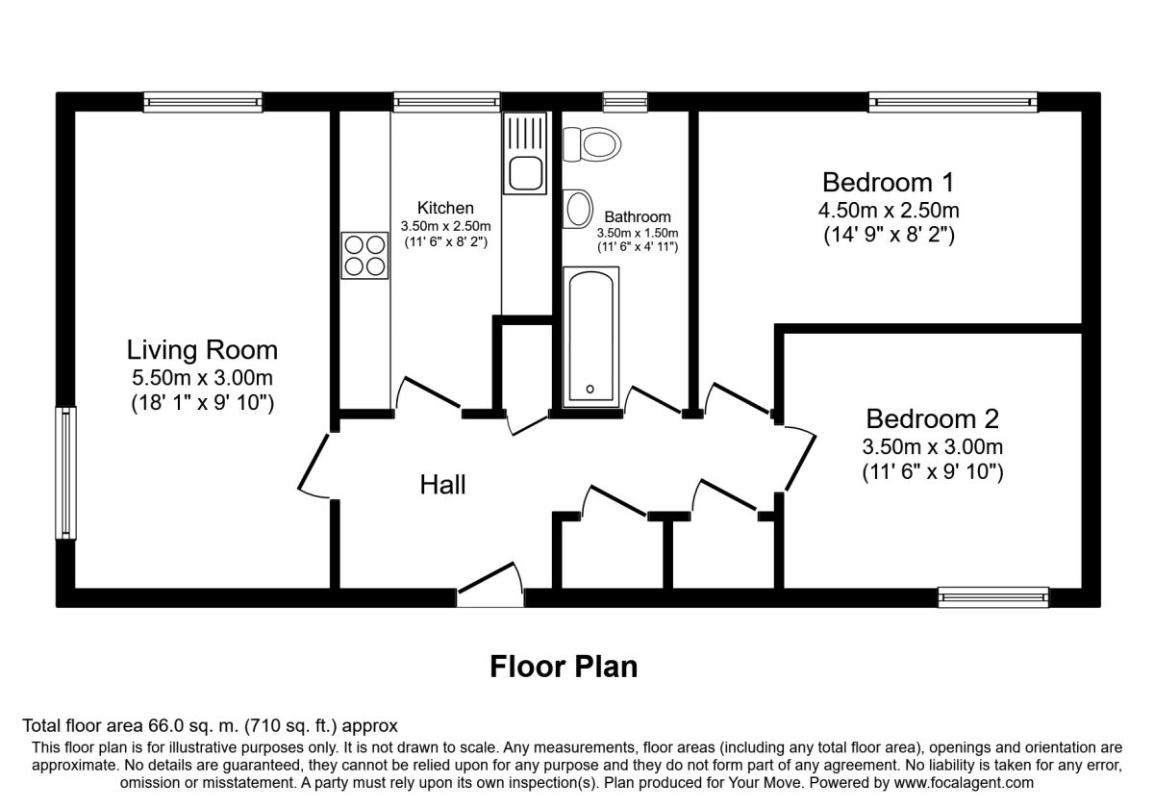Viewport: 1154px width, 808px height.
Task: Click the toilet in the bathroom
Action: point(592,144)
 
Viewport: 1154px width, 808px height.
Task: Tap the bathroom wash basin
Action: point(578,209)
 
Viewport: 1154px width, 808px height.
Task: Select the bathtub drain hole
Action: point(590,389)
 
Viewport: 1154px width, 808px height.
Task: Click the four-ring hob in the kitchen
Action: point(364,256)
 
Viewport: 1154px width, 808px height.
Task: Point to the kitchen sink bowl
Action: point(525,173)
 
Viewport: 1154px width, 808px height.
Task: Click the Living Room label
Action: point(202,350)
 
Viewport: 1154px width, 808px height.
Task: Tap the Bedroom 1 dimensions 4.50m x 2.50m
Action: point(889,211)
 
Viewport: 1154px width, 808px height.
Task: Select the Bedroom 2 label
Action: point(932,418)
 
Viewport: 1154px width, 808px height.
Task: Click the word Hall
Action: point(442,485)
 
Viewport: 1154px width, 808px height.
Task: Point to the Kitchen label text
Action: point(445,208)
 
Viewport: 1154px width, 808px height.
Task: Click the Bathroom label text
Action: point(638,217)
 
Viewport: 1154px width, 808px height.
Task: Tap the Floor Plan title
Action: point(564,667)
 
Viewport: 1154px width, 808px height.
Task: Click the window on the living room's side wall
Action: point(66,473)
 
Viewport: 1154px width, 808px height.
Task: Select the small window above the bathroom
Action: point(625,102)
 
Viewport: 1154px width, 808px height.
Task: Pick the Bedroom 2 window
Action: point(992,597)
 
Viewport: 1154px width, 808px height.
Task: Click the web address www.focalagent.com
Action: point(964,783)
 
